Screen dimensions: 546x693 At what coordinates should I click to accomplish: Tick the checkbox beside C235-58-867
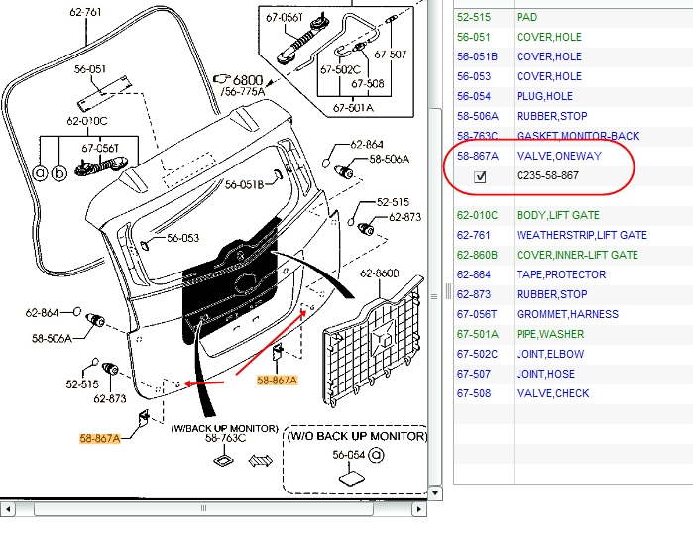(481, 176)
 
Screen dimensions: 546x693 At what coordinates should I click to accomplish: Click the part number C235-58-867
(547, 176)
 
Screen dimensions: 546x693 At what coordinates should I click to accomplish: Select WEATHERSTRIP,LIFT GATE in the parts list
(581, 235)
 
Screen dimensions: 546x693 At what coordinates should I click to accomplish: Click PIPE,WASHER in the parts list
(550, 334)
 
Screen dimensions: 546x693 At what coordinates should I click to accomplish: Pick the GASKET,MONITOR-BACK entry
(577, 136)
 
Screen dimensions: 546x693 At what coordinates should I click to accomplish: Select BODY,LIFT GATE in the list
(557, 215)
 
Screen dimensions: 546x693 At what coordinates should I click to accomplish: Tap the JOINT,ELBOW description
(549, 354)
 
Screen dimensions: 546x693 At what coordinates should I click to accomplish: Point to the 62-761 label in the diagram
(85, 12)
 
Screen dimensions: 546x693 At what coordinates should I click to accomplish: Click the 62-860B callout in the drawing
(379, 273)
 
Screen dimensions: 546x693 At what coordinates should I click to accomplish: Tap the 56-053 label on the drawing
(183, 238)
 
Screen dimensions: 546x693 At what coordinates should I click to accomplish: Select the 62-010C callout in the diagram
(87, 121)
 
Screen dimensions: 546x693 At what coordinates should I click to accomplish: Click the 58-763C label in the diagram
(225, 438)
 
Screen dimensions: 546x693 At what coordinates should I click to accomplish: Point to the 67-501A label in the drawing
(353, 108)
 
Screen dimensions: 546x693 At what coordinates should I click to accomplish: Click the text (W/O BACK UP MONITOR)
(357, 436)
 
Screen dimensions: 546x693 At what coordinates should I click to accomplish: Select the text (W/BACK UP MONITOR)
(224, 427)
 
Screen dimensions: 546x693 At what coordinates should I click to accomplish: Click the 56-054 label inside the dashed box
(348, 454)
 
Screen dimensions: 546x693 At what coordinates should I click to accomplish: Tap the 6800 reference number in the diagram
(248, 80)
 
